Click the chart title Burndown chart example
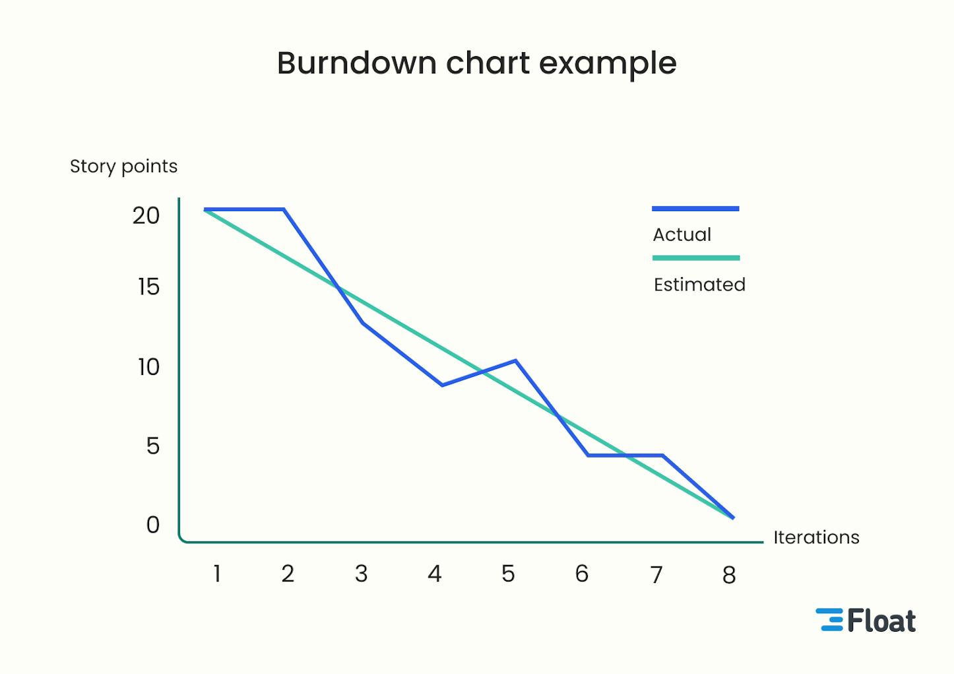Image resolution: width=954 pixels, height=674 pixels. pyautogui.click(x=476, y=64)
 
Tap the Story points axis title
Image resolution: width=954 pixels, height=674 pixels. pyautogui.click(x=123, y=166)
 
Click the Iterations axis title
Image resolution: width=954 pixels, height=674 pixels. pyautogui.click(x=816, y=537)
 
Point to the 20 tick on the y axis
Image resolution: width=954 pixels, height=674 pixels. pyautogui.click(x=146, y=216)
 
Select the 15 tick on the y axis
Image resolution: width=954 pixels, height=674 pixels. pyautogui.click(x=148, y=287)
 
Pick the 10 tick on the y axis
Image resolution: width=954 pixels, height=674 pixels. pyautogui.click(x=148, y=367)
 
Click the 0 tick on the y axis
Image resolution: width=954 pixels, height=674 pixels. pyautogui.click(x=153, y=525)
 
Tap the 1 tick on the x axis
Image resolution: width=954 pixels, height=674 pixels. pyautogui.click(x=216, y=574)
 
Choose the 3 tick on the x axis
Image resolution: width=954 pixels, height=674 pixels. pyautogui.click(x=361, y=574)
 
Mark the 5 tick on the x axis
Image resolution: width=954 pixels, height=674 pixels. pyautogui.click(x=508, y=574)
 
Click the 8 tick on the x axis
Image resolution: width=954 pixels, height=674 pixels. pyautogui.click(x=729, y=575)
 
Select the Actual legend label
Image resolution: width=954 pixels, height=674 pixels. pyautogui.click(x=682, y=235)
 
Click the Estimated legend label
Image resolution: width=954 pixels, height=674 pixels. pyautogui.click(x=699, y=285)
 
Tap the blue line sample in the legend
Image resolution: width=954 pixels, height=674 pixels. pyautogui.click(x=695, y=209)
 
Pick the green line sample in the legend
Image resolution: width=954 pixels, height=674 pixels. pyautogui.click(x=696, y=258)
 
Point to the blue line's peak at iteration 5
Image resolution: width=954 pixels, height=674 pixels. pyautogui.click(x=515, y=360)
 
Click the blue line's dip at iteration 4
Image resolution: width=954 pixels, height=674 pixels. pyautogui.click(x=441, y=385)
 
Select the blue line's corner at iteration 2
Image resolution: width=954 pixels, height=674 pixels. pyautogui.click(x=284, y=209)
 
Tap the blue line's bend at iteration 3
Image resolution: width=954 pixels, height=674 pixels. pyautogui.click(x=363, y=323)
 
